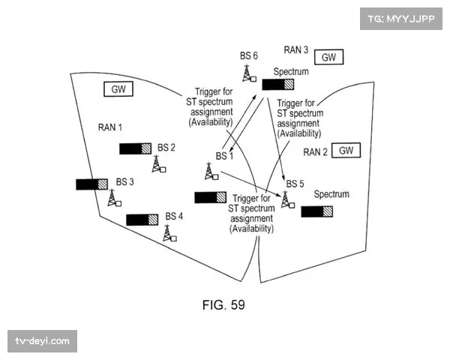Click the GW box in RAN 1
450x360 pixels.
tap(119, 89)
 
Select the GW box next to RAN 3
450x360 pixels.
tap(328, 57)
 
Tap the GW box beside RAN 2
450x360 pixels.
tap(345, 150)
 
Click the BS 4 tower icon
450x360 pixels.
tap(169, 232)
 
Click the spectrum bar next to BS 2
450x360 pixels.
tap(136, 148)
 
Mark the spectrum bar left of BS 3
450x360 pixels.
tap(92, 184)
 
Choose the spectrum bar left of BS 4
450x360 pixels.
tap(142, 219)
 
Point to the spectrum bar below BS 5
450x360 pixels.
tap(317, 211)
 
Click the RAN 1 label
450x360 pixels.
tap(109, 127)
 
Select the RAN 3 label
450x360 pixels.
tap(295, 50)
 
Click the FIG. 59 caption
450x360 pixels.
tap(223, 304)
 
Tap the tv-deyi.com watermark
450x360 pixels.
tap(42, 341)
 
